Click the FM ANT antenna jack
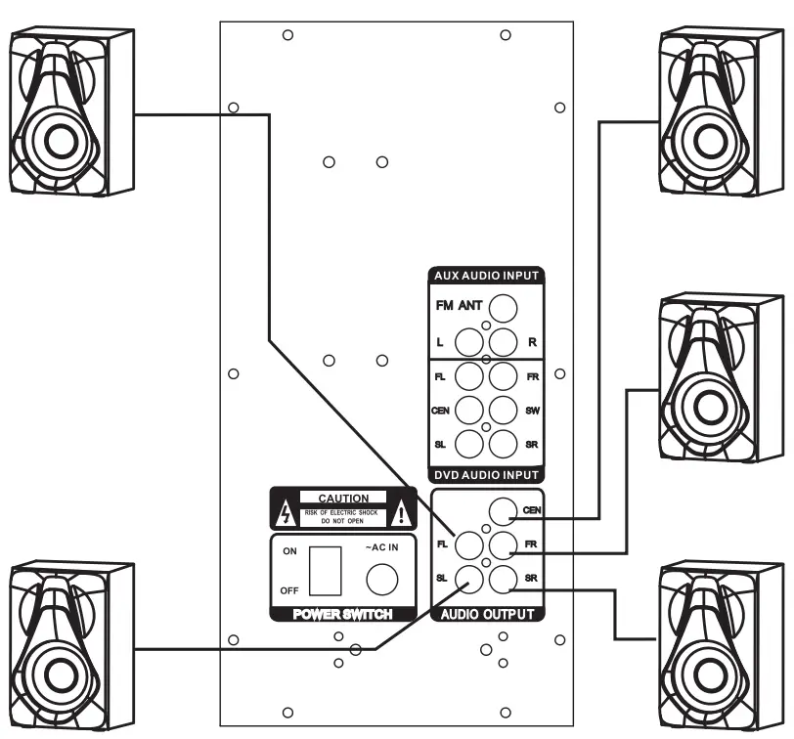(503, 309)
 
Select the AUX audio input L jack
(471, 342)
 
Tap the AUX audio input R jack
(503, 342)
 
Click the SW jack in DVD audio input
(503, 409)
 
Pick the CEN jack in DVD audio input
(471, 409)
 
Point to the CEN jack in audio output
(503, 510)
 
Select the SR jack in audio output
(503, 579)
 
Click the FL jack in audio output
(471, 544)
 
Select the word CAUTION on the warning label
(343, 499)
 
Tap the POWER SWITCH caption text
(343, 615)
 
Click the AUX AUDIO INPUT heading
(486, 276)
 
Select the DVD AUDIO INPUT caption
(486, 475)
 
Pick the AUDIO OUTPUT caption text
(487, 615)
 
